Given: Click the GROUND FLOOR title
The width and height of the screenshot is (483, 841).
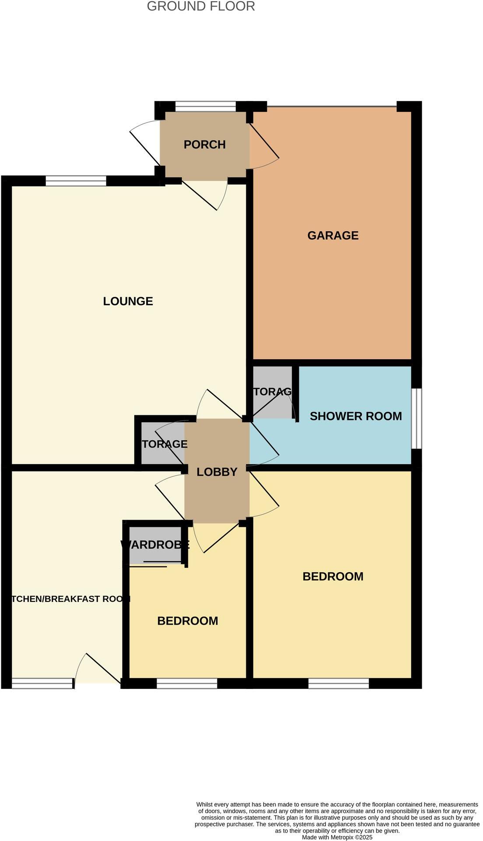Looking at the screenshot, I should [x=201, y=7].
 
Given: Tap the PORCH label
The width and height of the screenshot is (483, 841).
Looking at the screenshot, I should [x=204, y=145].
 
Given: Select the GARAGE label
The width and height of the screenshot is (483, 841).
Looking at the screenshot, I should [x=333, y=236].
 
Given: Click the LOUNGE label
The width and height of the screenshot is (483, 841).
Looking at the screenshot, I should [x=128, y=301].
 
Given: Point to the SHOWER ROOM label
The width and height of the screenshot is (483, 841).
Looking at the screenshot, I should [x=356, y=416].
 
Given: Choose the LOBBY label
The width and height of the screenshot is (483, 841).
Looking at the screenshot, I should [x=217, y=472].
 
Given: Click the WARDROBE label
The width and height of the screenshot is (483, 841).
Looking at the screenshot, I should [x=155, y=545].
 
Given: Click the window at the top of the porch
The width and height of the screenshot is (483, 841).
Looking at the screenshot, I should [x=206, y=106].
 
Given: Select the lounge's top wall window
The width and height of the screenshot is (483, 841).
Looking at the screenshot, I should [x=76, y=181].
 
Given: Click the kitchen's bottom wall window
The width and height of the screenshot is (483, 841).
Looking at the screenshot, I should [x=42, y=683].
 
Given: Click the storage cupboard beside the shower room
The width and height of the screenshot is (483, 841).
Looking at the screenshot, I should [x=272, y=392].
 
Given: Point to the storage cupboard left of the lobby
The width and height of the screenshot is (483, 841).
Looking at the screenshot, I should [x=162, y=444].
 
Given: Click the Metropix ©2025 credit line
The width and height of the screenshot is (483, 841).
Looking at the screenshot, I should [x=337, y=837].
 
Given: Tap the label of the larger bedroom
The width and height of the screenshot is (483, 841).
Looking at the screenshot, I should [x=333, y=577].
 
